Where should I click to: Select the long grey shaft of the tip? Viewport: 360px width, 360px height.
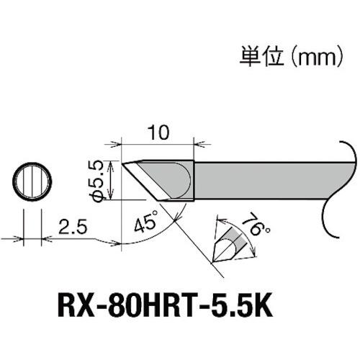(266, 180)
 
